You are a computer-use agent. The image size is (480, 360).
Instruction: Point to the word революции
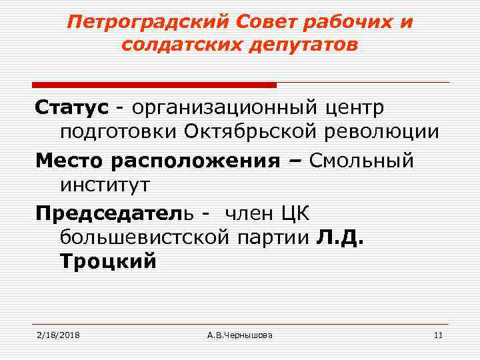click(x=385, y=133)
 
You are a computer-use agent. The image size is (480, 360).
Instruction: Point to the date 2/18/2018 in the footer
click(x=58, y=335)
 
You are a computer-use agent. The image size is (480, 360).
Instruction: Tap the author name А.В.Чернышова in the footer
click(x=240, y=335)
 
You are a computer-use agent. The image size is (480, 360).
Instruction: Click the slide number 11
click(x=437, y=335)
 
